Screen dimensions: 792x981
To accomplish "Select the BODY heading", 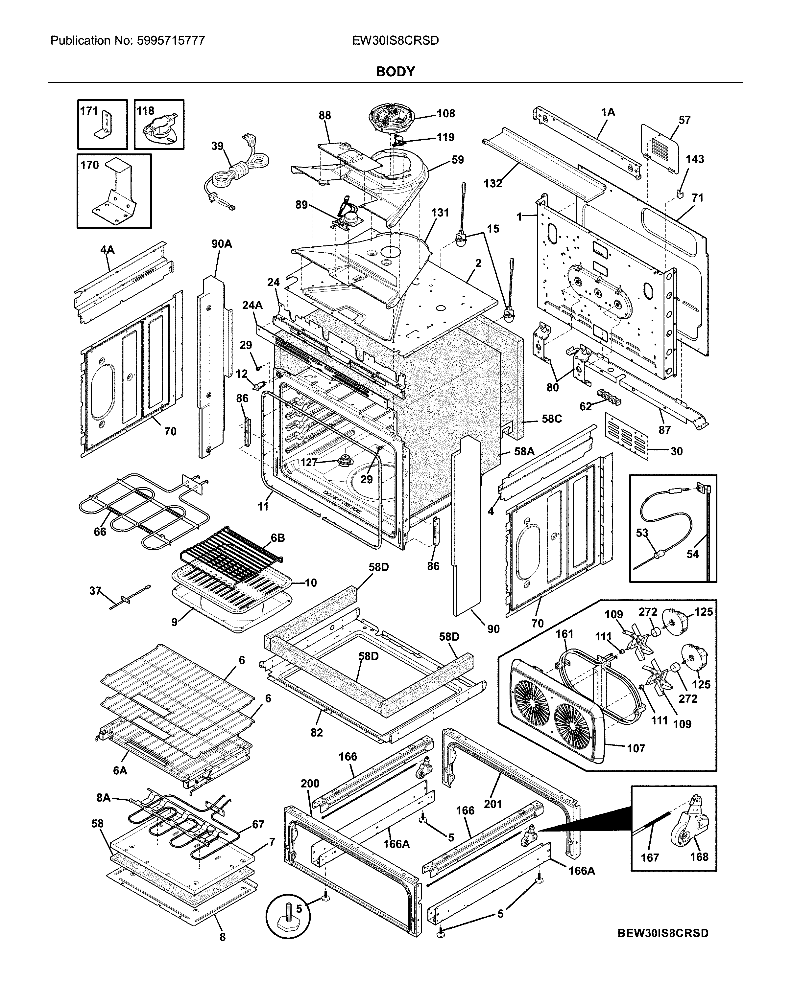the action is point(395,72).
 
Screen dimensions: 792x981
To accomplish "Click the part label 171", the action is point(89,111).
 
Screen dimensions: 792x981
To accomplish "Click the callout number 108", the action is point(446,113).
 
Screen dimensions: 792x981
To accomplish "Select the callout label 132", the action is point(493,183).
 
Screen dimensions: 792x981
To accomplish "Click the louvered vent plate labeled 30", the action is point(626,436).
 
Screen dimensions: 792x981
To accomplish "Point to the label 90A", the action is point(222,244).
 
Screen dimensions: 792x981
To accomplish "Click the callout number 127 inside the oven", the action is point(308,462).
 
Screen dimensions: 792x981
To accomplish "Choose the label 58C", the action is point(552,419).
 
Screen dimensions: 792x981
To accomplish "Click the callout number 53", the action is point(642,533).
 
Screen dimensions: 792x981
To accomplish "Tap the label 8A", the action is point(104,797).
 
